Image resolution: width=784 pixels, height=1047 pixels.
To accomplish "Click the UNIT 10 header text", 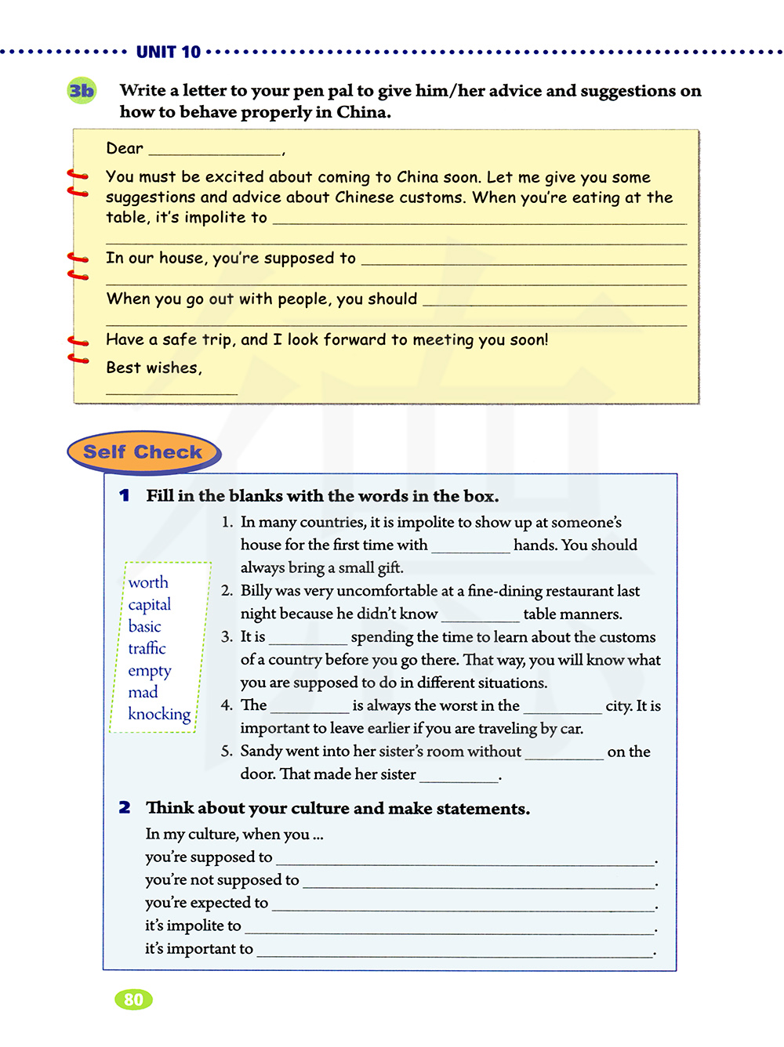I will click(168, 53).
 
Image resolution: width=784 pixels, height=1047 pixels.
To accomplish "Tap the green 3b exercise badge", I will click(82, 91).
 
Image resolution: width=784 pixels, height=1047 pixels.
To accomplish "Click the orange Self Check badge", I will click(143, 452).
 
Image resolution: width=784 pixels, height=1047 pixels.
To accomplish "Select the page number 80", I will click(133, 999).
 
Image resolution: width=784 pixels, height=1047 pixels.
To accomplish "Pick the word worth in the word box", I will click(148, 582).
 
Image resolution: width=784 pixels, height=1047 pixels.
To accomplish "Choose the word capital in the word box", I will click(149, 604).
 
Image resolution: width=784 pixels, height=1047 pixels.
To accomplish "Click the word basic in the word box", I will click(144, 626).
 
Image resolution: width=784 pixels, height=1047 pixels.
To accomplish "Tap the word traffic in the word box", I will click(147, 648).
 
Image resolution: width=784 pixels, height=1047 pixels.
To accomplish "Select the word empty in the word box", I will click(149, 671).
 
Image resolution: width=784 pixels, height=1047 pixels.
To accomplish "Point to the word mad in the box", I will click(143, 692).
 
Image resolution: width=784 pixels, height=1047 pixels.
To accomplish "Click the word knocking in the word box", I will click(159, 714).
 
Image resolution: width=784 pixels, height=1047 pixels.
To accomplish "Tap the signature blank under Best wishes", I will click(171, 391).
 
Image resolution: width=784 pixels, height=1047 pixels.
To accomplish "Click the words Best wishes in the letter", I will click(153, 368).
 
